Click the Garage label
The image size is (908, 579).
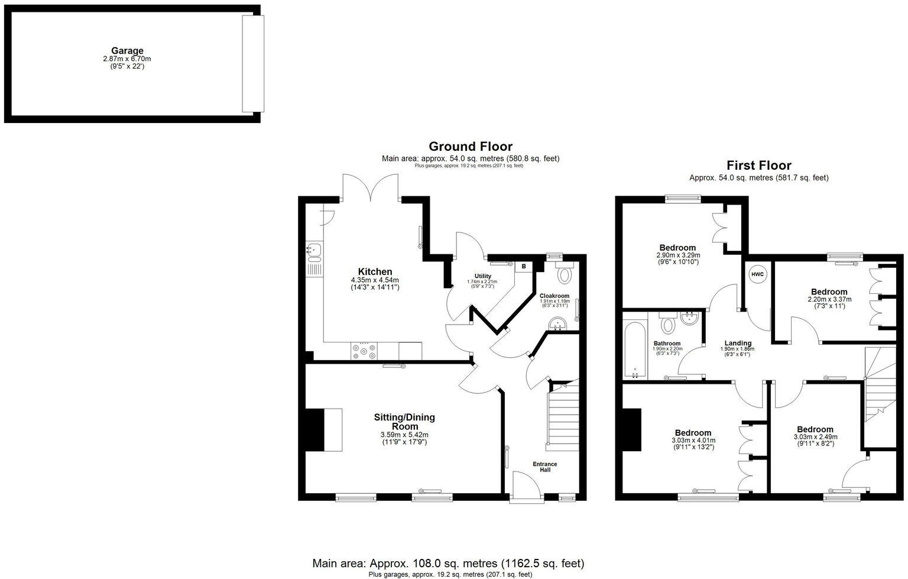(127, 51)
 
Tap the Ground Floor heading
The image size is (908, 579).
(470, 146)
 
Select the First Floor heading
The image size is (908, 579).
(758, 166)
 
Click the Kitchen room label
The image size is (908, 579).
(375, 272)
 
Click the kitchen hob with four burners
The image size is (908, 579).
(364, 351)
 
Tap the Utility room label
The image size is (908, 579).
(483, 276)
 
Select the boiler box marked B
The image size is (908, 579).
(524, 267)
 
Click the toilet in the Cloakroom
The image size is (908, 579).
(565, 274)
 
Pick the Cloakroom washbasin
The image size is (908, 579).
(557, 324)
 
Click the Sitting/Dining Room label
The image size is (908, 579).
(404, 422)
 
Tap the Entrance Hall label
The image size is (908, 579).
(545, 467)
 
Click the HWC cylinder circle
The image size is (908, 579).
(757, 274)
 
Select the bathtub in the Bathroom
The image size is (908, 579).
(635, 349)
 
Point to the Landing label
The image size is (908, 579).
(738, 343)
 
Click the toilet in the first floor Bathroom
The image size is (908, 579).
(669, 325)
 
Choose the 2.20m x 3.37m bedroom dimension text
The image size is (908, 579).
(829, 299)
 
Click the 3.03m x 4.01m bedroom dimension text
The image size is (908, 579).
(693, 441)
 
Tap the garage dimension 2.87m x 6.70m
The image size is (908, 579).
(127, 59)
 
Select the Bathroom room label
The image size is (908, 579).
(667, 344)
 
